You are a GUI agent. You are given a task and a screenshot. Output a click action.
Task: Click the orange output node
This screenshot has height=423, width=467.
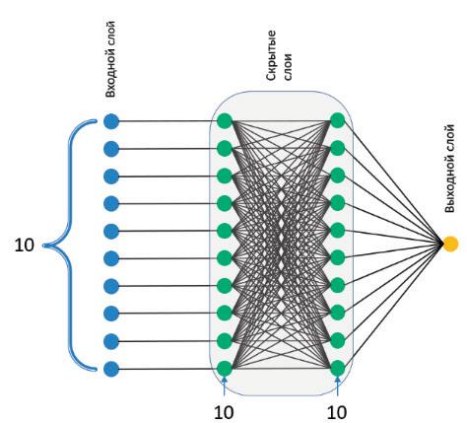[x=450, y=244]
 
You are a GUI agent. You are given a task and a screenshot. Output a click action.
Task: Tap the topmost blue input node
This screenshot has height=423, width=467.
[x=111, y=121]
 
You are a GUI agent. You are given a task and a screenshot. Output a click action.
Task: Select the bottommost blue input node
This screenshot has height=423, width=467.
[x=111, y=369]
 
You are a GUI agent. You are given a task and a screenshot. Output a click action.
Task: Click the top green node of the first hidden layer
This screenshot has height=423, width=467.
[x=225, y=120]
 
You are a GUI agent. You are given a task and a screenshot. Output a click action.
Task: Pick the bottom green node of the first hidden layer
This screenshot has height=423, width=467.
[x=225, y=369]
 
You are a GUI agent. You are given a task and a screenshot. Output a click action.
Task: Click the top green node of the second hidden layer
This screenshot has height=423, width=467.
[x=338, y=120]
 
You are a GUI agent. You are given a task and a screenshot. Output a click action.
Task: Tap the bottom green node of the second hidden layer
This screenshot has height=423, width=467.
[x=338, y=368]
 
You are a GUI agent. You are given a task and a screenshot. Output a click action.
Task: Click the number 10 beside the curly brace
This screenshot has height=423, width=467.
[x=25, y=246]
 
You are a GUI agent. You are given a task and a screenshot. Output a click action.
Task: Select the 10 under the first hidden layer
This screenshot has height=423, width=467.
[x=224, y=412]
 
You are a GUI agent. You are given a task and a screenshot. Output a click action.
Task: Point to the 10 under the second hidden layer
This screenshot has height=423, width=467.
[x=337, y=412]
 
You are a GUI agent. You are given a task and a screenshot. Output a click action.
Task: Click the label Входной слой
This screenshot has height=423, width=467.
[x=111, y=59]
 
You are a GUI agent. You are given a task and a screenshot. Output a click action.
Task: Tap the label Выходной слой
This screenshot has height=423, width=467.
[x=450, y=169]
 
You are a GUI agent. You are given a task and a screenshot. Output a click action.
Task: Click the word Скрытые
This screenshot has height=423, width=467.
[x=272, y=55]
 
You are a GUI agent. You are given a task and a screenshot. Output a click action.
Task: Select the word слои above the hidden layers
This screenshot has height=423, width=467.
[x=288, y=66]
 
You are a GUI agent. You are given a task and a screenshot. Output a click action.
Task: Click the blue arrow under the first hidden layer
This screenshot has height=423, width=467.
[x=225, y=387]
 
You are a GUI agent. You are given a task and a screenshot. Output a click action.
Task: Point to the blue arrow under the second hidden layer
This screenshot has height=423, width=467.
[x=338, y=387]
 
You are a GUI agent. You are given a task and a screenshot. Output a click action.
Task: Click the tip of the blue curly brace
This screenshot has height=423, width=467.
[x=43, y=246]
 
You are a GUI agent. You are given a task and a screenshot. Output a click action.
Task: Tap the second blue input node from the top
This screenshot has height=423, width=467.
[x=111, y=149]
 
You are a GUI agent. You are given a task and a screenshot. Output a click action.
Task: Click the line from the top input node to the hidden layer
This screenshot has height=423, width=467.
[x=167, y=121]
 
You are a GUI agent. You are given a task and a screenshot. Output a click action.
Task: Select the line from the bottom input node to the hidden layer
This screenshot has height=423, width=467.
[x=167, y=369]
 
